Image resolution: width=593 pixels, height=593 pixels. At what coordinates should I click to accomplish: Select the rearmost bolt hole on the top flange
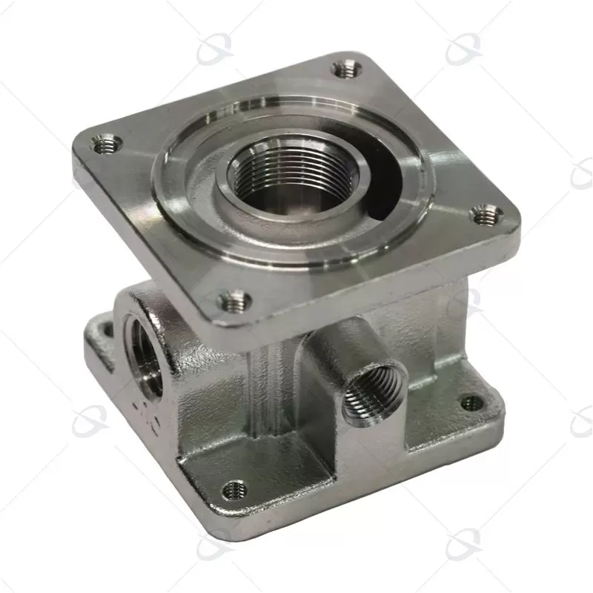pyautogui.click(x=345, y=69)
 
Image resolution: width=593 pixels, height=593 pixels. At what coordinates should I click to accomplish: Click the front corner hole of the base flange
pyautogui.click(x=234, y=489)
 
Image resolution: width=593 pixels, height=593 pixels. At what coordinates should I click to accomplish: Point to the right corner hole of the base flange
pyautogui.click(x=471, y=403)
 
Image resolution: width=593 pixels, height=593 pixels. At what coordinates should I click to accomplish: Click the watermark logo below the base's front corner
pyautogui.click(x=215, y=547)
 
